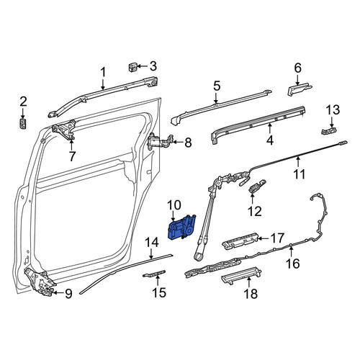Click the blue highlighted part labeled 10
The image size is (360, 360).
coord(181,228)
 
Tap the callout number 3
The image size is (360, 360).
coord(153,66)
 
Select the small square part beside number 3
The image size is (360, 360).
coord(132,67)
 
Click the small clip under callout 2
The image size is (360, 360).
coord(23,123)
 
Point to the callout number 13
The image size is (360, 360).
coord(333,110)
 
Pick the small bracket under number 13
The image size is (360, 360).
coord(328,131)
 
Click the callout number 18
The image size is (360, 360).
coord(251,294)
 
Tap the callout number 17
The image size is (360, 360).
coord(278,238)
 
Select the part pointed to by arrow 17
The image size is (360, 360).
coord(240,241)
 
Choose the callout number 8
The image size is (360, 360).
coord(188,143)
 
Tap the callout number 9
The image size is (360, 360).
coord(68,294)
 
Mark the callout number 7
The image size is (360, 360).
coord(72,156)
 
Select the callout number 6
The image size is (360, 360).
coord(297,68)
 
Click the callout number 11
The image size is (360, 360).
coord(300,174)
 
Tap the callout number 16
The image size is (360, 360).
coord(293,264)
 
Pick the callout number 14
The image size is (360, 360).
coord(151,243)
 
